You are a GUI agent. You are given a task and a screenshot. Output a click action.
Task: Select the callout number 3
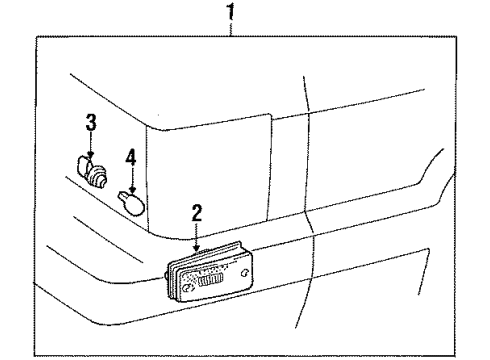[x=90, y=124]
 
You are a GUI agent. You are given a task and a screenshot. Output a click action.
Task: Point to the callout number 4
[x=130, y=157]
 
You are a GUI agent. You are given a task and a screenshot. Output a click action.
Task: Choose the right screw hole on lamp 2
[x=244, y=272]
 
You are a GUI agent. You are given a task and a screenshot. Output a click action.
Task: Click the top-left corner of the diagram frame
[x=35, y=35]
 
